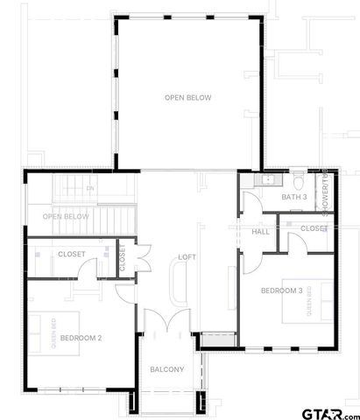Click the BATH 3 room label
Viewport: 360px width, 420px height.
pyautogui.click(x=293, y=197)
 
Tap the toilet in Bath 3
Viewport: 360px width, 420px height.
pyautogui.click(x=300, y=182)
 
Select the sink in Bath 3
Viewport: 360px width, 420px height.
pyautogui.click(x=266, y=180)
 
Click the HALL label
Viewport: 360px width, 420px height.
pyautogui.click(x=260, y=232)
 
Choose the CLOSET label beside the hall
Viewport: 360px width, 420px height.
pyautogui.click(x=314, y=228)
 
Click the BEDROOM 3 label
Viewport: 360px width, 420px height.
pyautogui.click(x=281, y=290)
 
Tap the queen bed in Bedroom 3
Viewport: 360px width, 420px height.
pyautogui.click(x=311, y=300)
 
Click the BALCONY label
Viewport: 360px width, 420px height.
pyautogui.click(x=166, y=369)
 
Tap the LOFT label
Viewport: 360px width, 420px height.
pyautogui.click(x=187, y=257)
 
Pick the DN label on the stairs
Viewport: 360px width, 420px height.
pyautogui.click(x=89, y=189)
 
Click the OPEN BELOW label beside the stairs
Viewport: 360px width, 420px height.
pyautogui.click(x=66, y=216)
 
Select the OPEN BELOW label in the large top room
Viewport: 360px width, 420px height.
pyautogui.click(x=188, y=97)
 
